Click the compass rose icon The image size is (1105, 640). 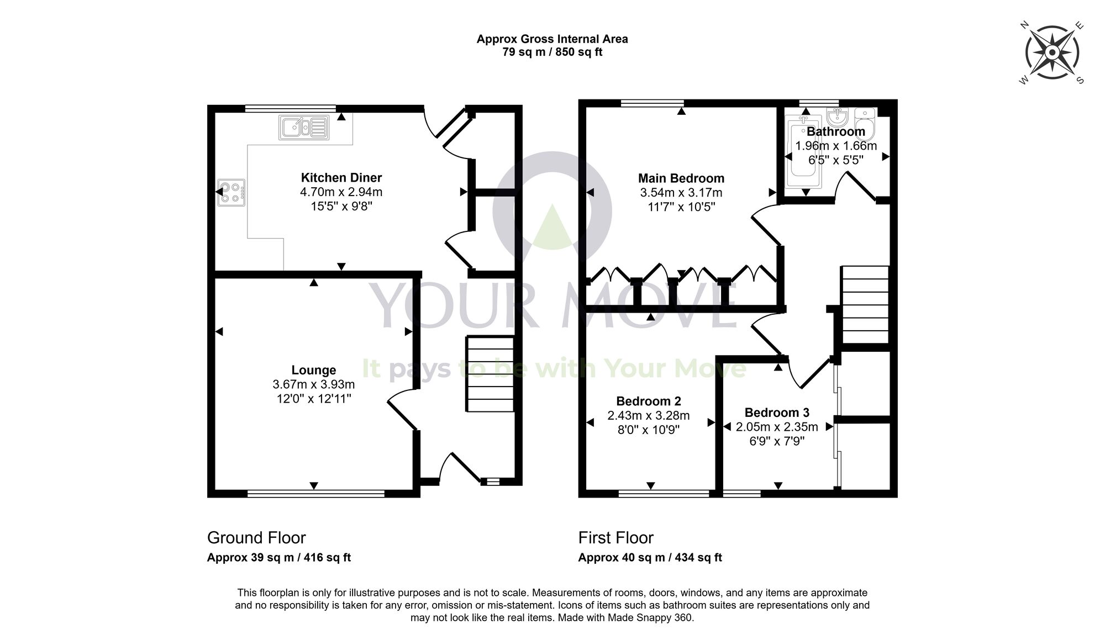tap(1052, 53)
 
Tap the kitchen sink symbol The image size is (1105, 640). tap(304, 128)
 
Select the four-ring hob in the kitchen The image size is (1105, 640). tap(231, 192)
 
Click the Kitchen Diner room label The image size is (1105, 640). tap(341, 178)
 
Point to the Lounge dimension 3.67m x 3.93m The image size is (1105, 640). tap(313, 384)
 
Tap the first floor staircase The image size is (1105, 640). tap(865, 305)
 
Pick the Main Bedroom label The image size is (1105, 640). tap(681, 178)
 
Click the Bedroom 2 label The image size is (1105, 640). tap(648, 401)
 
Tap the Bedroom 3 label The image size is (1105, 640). tap(776, 412)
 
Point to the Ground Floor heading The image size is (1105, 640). tap(256, 537)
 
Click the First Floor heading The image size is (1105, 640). tap(615, 537)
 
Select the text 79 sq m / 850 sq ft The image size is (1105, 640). tap(552, 52)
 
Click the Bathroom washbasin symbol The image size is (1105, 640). tap(837, 117)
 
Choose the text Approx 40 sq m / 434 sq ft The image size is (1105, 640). tap(650, 558)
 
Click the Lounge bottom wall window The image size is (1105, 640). tap(315, 494)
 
